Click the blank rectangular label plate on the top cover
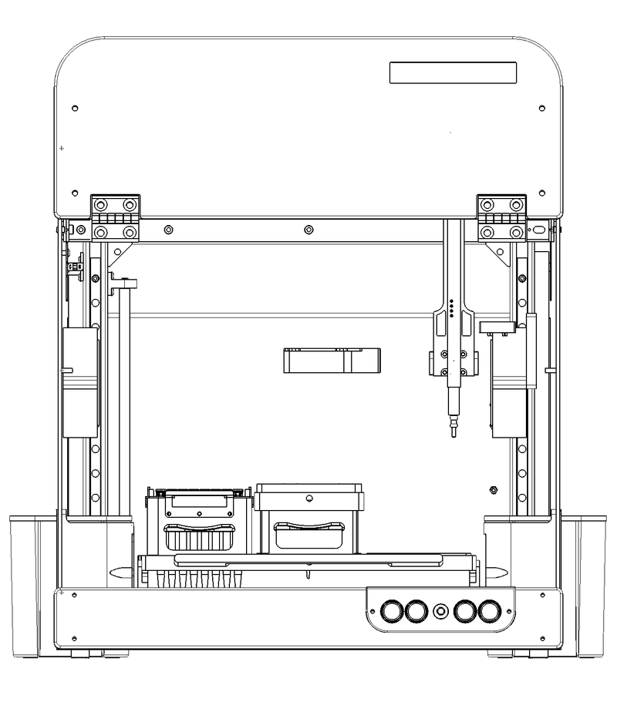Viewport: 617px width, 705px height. (453, 73)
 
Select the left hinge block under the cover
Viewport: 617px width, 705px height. (116, 218)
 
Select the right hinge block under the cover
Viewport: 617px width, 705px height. (502, 218)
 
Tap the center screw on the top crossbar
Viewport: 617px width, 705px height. (308, 229)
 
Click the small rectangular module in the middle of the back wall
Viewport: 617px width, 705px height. (332, 360)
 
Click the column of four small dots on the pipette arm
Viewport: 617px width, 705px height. (450, 308)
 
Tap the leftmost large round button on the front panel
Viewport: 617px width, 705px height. (393, 612)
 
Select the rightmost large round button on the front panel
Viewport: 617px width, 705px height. (490, 612)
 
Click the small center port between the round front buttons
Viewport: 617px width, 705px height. (441, 612)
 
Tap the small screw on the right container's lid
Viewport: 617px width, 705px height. (308, 499)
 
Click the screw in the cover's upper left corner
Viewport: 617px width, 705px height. (75, 107)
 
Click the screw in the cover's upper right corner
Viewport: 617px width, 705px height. (542, 107)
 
